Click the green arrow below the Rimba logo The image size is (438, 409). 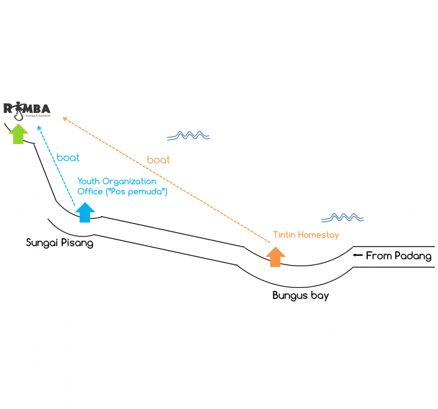click(x=19, y=133)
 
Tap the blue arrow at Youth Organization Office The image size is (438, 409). click(x=84, y=212)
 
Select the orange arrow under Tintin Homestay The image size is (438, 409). click(x=275, y=256)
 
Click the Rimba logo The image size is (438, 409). click(x=27, y=110)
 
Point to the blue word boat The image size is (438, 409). click(x=68, y=158)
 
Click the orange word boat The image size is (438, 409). click(x=158, y=160)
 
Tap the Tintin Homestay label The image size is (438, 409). click(x=306, y=235)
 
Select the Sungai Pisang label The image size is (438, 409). click(x=60, y=243)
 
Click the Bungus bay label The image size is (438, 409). click(x=301, y=295)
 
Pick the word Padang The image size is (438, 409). click(x=414, y=256)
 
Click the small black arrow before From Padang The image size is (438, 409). click(x=357, y=255)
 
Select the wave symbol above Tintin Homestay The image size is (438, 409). click(x=342, y=217)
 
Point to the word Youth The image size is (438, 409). click(x=89, y=181)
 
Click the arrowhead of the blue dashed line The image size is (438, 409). click(x=40, y=128)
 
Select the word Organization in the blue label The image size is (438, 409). click(x=129, y=181)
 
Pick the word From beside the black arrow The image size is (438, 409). click(x=379, y=256)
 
